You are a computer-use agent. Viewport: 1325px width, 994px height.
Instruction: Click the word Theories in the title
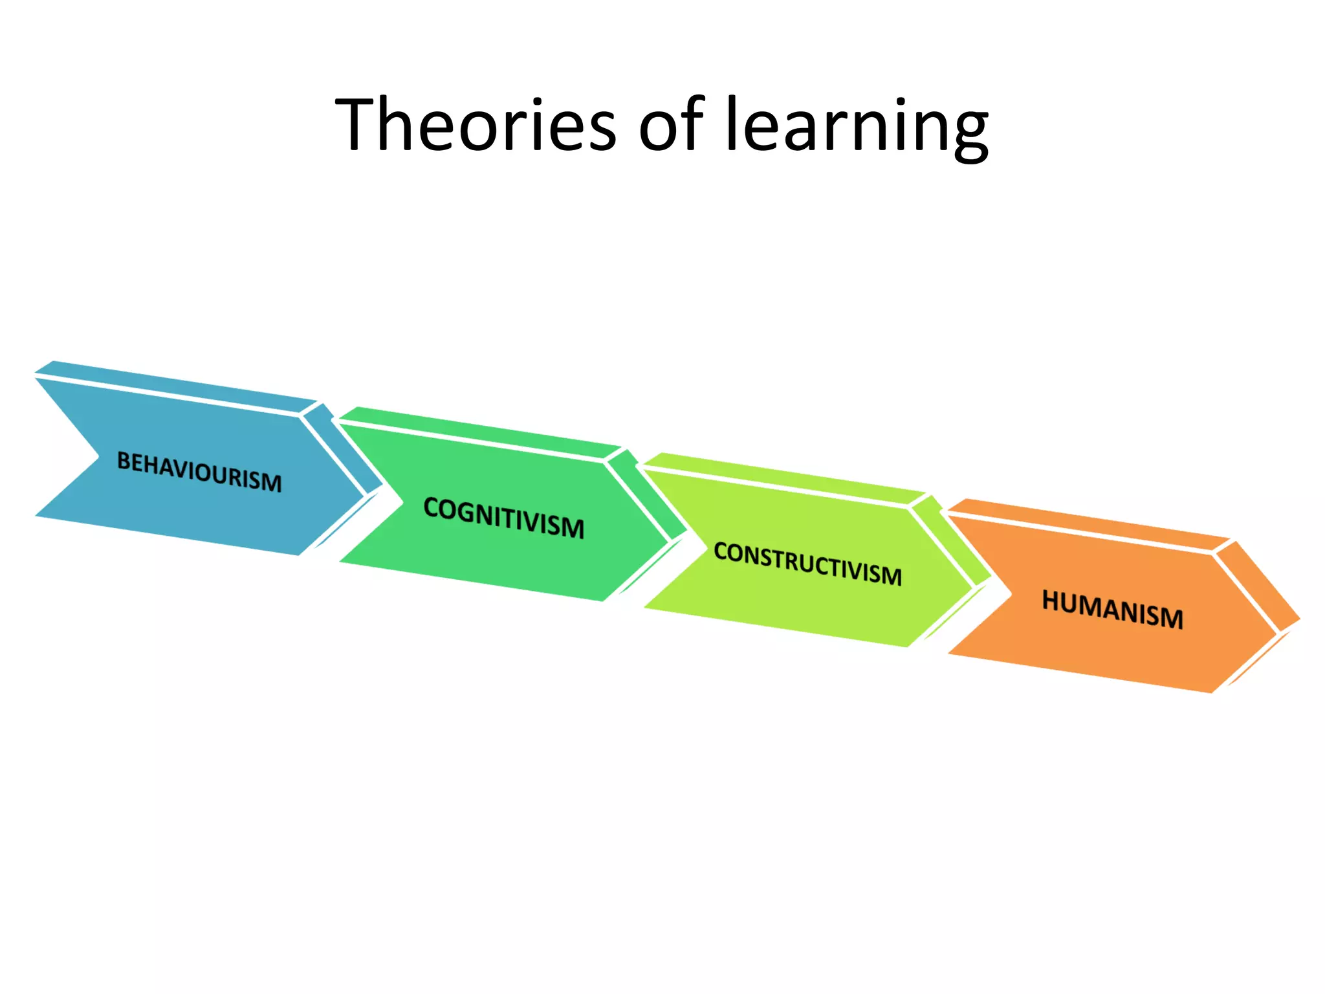(476, 124)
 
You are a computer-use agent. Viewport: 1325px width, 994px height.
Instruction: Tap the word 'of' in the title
(670, 124)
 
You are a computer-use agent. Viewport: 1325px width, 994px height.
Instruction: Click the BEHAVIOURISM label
(199, 472)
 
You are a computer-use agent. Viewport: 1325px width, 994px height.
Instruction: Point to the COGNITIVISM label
(504, 518)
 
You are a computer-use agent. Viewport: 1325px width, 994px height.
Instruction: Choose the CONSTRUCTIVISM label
(807, 564)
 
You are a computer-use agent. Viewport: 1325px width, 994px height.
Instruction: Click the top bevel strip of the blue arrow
(175, 386)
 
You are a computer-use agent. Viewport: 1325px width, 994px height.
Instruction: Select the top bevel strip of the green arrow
(479, 432)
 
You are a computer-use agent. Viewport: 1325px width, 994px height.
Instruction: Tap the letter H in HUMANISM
(1051, 601)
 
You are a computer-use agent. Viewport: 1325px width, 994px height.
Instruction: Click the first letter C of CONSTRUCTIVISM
(721, 551)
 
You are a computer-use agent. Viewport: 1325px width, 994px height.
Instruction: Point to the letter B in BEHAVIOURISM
(123, 461)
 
